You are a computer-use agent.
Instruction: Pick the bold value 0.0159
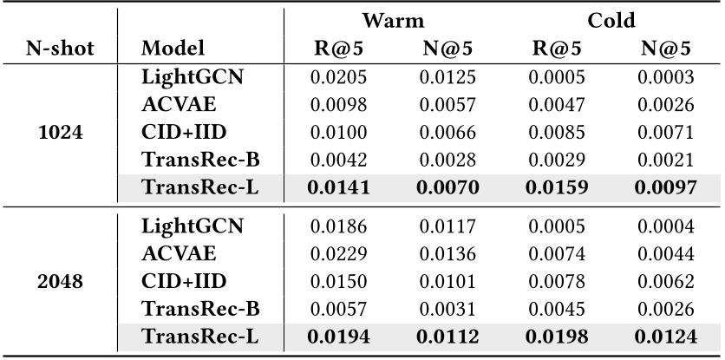[x=557, y=187]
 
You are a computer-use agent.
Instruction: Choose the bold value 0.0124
[x=665, y=336]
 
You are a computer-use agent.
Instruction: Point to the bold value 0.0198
[x=557, y=336]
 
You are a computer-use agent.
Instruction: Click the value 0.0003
[x=665, y=77]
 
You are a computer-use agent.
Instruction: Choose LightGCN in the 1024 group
[x=192, y=77]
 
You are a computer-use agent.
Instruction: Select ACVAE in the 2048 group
[x=178, y=253]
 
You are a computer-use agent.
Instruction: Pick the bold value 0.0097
[x=665, y=187]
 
